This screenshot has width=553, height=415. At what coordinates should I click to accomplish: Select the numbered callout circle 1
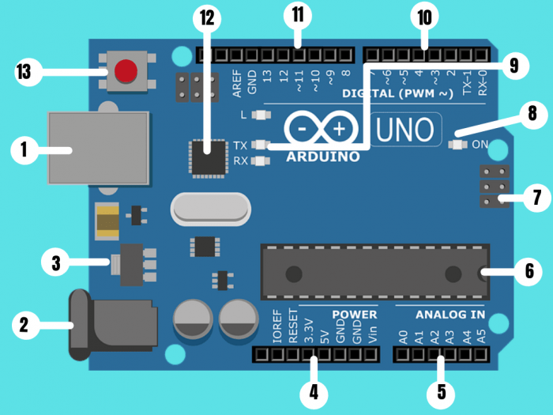(x=24, y=149)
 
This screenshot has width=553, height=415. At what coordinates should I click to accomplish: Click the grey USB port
(x=99, y=148)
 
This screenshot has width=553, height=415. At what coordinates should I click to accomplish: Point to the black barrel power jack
(x=111, y=323)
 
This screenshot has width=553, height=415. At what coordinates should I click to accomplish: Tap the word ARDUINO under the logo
(x=322, y=157)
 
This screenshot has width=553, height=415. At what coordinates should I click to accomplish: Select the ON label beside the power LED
(x=480, y=145)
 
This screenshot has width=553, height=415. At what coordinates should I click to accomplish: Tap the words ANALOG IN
(x=450, y=315)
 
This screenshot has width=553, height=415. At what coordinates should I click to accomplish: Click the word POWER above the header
(x=354, y=314)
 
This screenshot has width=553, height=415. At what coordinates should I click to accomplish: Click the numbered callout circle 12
(x=207, y=17)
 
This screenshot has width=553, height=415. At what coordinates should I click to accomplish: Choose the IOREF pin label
(x=276, y=327)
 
